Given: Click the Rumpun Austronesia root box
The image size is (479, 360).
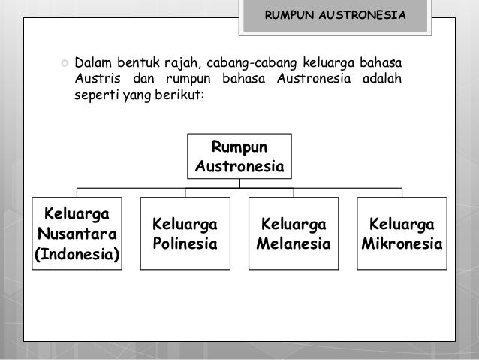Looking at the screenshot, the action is coord(239,156).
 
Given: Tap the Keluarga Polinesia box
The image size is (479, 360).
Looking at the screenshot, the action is coord(185,234).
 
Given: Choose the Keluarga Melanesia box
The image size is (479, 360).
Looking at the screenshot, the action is coord(293,234).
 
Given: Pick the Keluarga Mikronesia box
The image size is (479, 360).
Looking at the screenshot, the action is coord(402,234).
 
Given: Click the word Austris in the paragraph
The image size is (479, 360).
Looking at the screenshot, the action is coord(95,77).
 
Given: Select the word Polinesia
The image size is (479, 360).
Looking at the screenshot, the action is coord(185,244).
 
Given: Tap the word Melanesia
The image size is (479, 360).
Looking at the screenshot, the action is coord(293,244).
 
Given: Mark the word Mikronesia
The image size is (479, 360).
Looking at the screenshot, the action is coord(402,244).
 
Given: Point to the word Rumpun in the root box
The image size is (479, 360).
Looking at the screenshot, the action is coord(239,146).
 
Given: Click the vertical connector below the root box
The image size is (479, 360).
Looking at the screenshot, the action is coord(239,182).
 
